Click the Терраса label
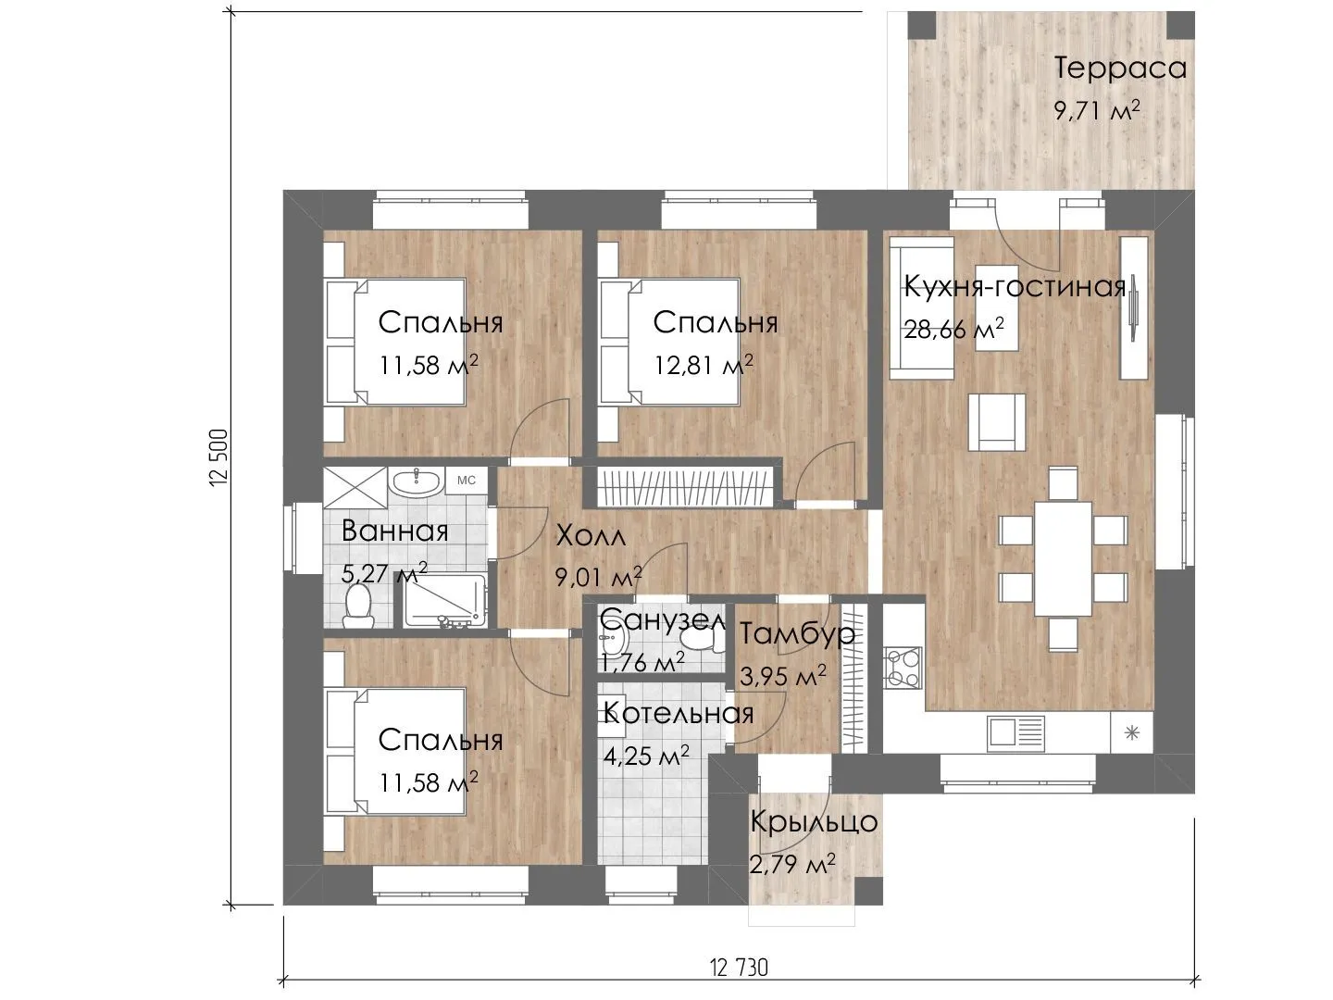coord(1120,69)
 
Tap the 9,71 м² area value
coord(1097,110)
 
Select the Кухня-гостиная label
coord(1015,287)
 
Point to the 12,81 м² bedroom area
coord(704,365)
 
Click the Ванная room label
coord(394,531)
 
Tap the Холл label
coord(591,537)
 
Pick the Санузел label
coord(663,620)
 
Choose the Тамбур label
coord(797,634)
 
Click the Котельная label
coord(679,713)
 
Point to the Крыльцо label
coord(814,822)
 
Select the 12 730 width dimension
coord(739,968)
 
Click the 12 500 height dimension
coord(218,457)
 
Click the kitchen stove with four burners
coord(903,668)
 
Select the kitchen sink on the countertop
coord(1016,732)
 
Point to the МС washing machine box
coord(466,481)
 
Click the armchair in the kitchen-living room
coord(997,422)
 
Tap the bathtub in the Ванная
coord(444,601)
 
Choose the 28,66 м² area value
coord(953,329)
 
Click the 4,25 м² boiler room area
coord(646,756)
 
